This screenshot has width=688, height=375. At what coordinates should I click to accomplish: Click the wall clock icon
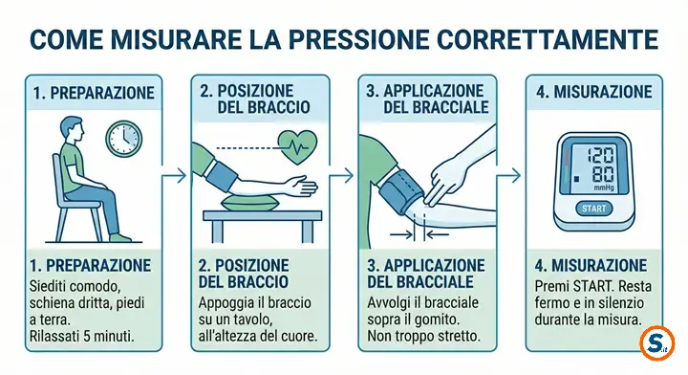point(124,138)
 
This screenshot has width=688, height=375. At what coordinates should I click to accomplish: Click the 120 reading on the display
point(600,155)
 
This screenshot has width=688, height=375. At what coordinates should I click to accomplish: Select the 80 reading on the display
point(602,175)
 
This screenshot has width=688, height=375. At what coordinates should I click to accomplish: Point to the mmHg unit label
point(604,187)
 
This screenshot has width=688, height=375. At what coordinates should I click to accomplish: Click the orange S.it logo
point(656,343)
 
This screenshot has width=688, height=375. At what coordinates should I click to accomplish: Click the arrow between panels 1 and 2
point(174,176)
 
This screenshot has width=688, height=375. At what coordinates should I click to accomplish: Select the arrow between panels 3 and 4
point(508,176)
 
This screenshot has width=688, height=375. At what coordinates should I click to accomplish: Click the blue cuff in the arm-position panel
point(223,177)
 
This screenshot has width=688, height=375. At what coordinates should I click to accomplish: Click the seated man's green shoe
point(119,237)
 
